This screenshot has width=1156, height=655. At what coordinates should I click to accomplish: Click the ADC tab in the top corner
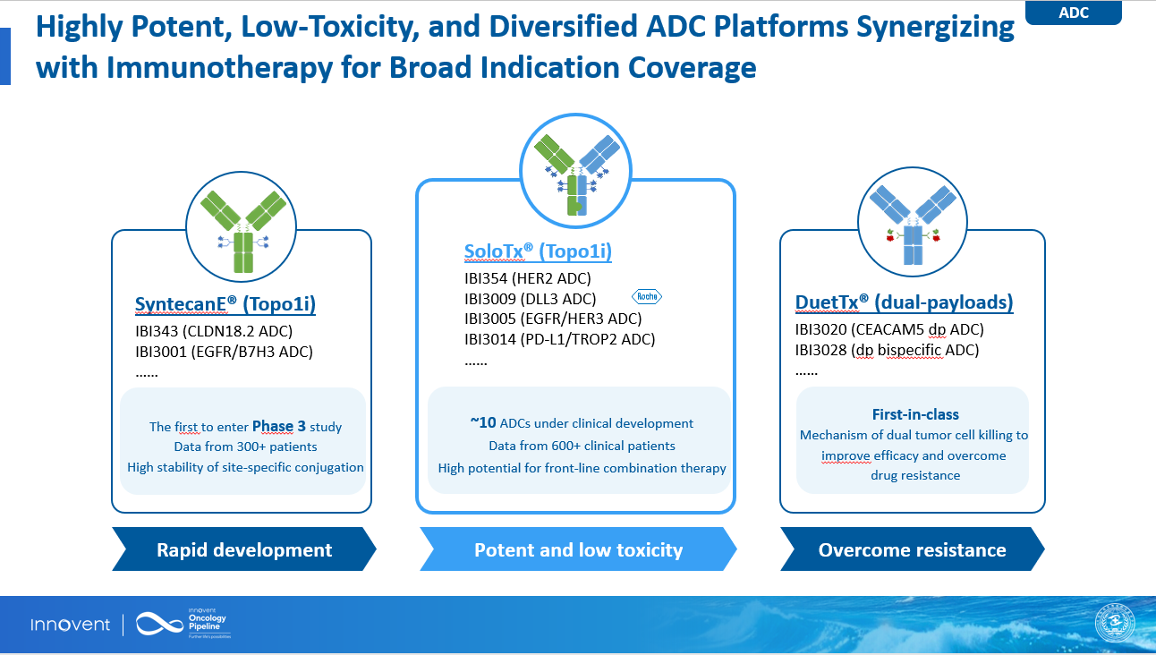(1074, 13)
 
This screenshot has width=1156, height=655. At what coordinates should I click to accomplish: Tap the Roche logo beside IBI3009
(647, 296)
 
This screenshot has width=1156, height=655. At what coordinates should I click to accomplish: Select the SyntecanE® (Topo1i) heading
(225, 304)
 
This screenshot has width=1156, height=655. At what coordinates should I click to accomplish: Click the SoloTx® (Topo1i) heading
(538, 251)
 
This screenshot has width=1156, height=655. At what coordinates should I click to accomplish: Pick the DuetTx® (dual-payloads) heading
(905, 302)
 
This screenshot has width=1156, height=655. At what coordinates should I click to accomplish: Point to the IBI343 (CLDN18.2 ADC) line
(214, 331)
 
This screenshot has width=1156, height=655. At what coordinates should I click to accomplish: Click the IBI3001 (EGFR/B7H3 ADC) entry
(224, 352)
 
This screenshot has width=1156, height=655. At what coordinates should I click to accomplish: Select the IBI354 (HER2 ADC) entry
(527, 278)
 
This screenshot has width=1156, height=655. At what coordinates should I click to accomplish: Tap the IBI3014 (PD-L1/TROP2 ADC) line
(559, 339)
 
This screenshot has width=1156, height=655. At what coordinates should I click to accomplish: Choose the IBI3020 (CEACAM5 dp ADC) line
(889, 329)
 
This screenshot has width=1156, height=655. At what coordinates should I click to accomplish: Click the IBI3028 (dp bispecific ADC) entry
(887, 350)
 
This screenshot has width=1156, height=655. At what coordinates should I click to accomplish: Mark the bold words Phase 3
(278, 426)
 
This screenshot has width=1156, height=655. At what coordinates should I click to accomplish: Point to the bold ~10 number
(483, 422)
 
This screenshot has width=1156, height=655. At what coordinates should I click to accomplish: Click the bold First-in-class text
(915, 414)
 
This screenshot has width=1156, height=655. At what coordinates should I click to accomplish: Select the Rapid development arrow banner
(244, 549)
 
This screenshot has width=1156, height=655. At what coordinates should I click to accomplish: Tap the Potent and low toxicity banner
(578, 549)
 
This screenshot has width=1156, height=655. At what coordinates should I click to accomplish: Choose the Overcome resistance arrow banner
(913, 549)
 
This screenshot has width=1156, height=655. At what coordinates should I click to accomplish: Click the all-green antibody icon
(242, 231)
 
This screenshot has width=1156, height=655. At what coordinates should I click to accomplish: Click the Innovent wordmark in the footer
(70, 625)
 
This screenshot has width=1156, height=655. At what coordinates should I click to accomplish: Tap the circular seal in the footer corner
(1115, 623)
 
